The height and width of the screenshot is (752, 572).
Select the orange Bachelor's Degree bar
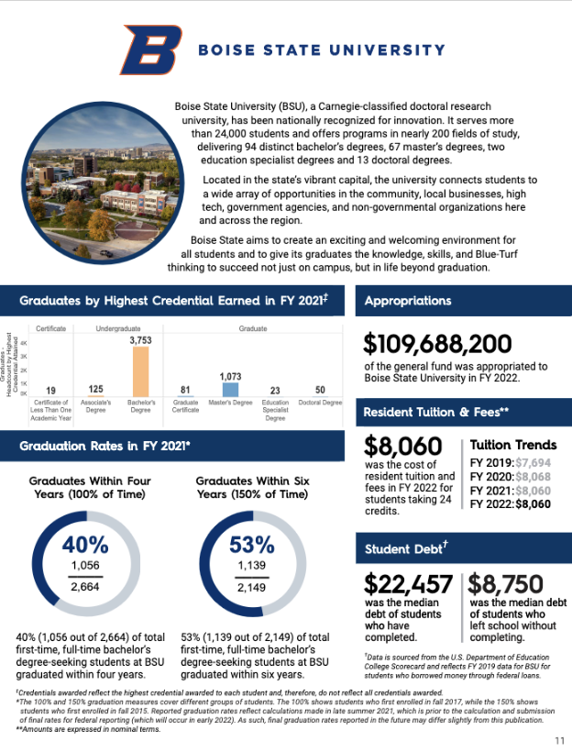(x=140, y=370)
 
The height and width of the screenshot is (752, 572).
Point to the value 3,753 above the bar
(x=140, y=339)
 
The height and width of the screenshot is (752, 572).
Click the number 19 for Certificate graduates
(x=51, y=390)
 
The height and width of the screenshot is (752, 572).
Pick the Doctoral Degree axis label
(x=320, y=403)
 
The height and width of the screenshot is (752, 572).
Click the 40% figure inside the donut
(x=86, y=544)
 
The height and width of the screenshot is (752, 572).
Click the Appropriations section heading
(x=408, y=300)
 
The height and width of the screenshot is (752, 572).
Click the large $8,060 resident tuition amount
(x=404, y=447)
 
